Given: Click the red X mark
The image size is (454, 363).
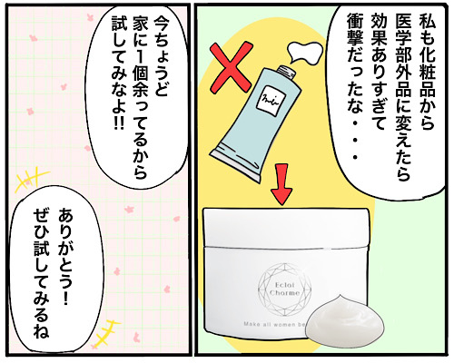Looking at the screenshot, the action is pos(232,66).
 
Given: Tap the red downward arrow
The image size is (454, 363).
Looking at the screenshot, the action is pos(281,184).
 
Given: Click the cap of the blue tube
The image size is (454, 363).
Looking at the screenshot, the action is pos(286,72).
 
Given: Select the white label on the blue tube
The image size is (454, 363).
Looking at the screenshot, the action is pos(267,101).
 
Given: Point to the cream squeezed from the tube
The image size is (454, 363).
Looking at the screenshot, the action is pos(305,53).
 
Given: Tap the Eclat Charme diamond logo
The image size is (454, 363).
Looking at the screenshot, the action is pos(284,289).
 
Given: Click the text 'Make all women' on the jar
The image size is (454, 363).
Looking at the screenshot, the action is pos(273,324).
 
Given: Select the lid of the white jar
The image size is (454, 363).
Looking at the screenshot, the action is pos(286,228).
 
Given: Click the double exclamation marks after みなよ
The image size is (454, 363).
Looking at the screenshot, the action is pos(118,123).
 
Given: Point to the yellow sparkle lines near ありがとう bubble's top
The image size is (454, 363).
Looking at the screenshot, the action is pos(31,180).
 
